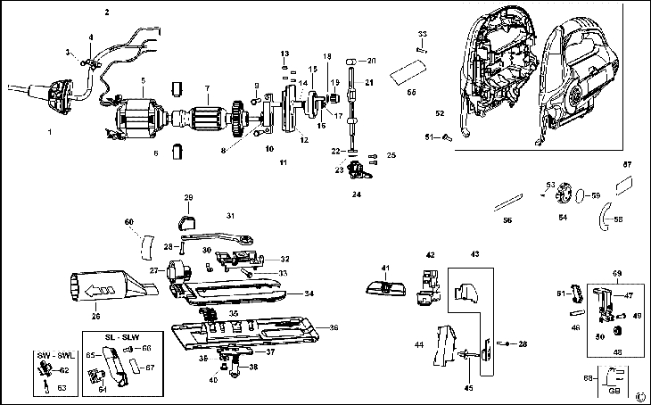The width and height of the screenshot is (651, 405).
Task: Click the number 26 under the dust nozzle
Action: pos(95,314)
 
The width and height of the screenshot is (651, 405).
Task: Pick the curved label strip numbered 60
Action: pos(144,243)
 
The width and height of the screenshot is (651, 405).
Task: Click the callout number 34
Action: pos(308,293)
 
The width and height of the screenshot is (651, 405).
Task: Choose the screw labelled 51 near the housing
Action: pos(445,136)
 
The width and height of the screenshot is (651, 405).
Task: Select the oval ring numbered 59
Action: pos(580,194)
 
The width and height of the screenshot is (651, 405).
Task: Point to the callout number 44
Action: pos(417,343)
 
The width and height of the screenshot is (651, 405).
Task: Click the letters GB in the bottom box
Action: pos(614,390)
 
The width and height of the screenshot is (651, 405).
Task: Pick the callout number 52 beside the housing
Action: pos(439,114)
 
